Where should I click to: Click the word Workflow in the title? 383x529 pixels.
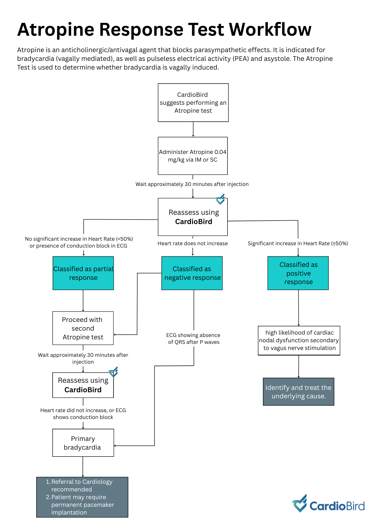pyautogui.click(x=270, y=29)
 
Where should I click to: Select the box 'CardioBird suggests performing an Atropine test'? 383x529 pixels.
pyautogui.click(x=193, y=103)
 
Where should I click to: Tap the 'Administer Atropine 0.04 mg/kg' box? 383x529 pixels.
pyautogui.click(x=193, y=156)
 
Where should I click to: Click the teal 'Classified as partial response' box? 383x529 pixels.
pyautogui.click(x=83, y=273)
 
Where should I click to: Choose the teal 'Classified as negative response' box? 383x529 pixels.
pyautogui.click(x=192, y=273)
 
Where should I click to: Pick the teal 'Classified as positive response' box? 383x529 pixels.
pyautogui.click(x=298, y=273)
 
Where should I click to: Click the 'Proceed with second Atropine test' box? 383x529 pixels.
pyautogui.click(x=83, y=328)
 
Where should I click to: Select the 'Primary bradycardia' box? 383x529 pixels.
pyautogui.click(x=83, y=443)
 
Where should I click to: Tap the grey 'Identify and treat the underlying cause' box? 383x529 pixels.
pyautogui.click(x=299, y=392)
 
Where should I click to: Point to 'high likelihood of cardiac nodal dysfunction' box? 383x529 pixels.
pyautogui.click(x=299, y=340)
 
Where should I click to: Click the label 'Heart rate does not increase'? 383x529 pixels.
pyautogui.click(x=193, y=243)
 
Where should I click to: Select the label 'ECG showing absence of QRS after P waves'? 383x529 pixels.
pyautogui.click(x=194, y=339)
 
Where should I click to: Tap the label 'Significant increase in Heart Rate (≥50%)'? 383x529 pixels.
pyautogui.click(x=298, y=243)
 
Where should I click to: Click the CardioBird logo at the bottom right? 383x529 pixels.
pyautogui.click(x=328, y=503)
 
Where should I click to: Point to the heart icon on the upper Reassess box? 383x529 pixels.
pyautogui.click(x=220, y=199)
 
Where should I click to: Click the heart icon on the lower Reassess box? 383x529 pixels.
pyautogui.click(x=113, y=372)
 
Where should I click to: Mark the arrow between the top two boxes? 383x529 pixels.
pyautogui.click(x=193, y=129)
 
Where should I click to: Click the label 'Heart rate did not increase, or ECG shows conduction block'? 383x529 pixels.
pyautogui.click(x=83, y=414)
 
